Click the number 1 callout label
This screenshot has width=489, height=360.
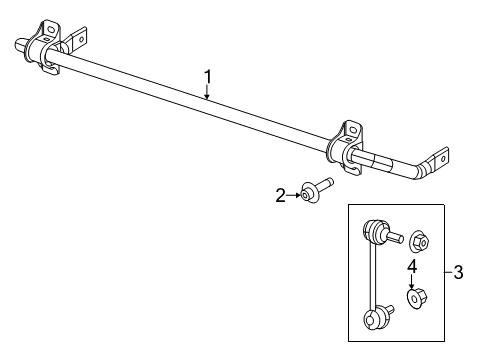click(208, 75)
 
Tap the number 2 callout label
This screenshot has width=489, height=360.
click(281, 197)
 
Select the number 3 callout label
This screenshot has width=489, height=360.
click(458, 271)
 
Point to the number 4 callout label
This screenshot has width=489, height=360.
click(411, 265)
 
